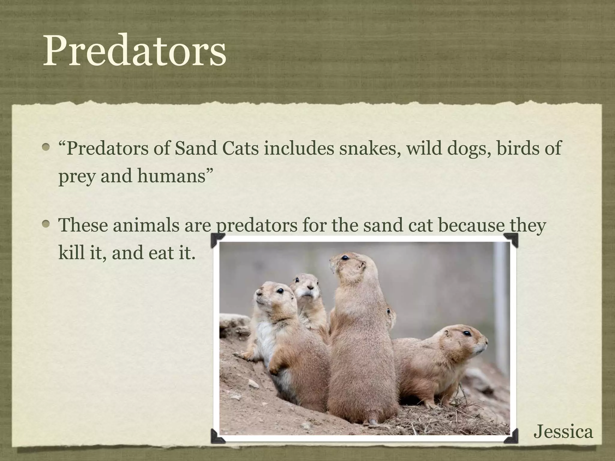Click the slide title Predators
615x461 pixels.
click(134, 51)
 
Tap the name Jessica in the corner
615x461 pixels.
click(563, 432)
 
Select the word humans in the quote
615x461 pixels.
click(171, 176)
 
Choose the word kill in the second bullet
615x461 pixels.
click(69, 252)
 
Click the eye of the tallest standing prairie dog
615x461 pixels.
click(346, 258)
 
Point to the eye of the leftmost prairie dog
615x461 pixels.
click(280, 291)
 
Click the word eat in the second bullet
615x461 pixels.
click(162, 252)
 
